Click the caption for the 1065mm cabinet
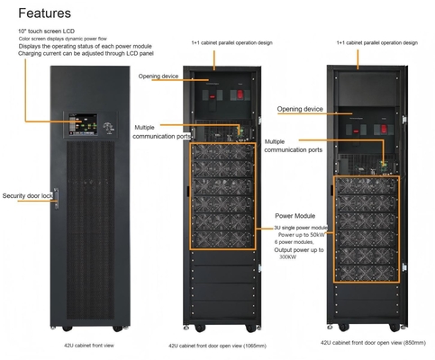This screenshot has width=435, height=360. pyautogui.click(x=217, y=345)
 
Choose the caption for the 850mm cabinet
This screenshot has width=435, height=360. pyautogui.click(x=369, y=342)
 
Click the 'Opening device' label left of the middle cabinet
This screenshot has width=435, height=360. pyautogui.click(x=160, y=76)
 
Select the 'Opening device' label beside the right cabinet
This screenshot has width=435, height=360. pyautogui.click(x=300, y=109)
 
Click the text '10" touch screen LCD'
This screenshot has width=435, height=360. pyautogui.click(x=47, y=31)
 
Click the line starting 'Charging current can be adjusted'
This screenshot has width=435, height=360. pyautogui.click(x=77, y=56)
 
